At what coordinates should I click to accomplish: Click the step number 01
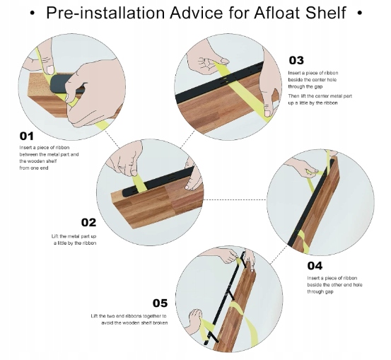[x=26, y=137]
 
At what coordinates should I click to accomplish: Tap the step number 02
[x=88, y=222]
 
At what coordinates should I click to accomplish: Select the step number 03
[x=296, y=60]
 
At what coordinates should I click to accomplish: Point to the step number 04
[x=315, y=266]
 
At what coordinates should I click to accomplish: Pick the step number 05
[x=160, y=303]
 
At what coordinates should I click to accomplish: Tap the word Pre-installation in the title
[x=105, y=13]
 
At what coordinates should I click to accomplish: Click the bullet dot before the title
[x=32, y=13]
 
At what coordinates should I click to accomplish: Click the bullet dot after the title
[x=360, y=13]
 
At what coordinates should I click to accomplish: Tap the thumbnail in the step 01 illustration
[x=50, y=69]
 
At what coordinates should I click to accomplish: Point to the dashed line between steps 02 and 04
[x=235, y=199]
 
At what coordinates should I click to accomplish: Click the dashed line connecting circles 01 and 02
[x=112, y=139]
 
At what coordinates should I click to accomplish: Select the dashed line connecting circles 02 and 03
[x=187, y=139]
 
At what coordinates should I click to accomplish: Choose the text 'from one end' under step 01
[x=34, y=168]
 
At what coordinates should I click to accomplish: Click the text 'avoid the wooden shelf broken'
[x=134, y=323]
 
